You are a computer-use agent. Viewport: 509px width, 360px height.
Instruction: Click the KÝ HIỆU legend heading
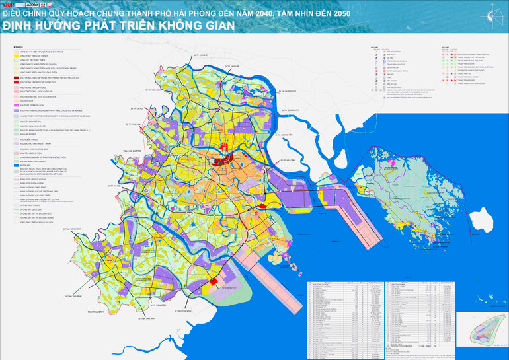pyautogui.click(x=19, y=48)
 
